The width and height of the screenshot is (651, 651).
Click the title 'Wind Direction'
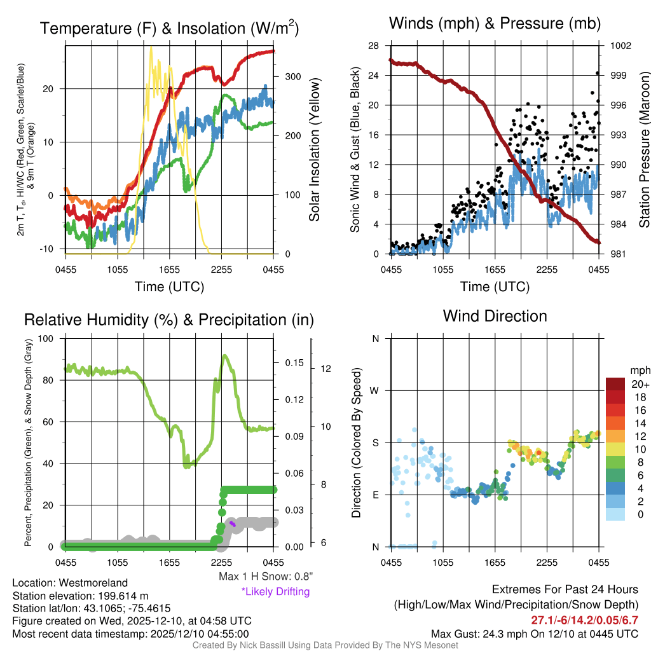tap(495, 316)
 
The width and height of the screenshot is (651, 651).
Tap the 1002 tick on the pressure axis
tap(620, 46)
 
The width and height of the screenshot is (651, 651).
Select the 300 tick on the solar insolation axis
tap(292, 76)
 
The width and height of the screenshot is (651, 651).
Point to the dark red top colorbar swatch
tap(615, 384)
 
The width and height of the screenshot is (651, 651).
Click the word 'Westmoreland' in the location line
tap(95, 583)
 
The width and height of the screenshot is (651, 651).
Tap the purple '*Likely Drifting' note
tap(275, 592)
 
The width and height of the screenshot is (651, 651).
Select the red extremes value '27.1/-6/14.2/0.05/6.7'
tap(584, 620)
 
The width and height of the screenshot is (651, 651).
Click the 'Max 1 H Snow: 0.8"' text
tap(265, 577)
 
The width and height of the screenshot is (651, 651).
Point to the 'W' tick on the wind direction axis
tap(375, 390)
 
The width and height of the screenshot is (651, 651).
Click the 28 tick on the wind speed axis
tap(373, 46)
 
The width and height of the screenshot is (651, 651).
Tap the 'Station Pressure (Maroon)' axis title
tap(643, 149)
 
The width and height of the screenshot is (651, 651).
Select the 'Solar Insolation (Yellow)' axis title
tap(314, 149)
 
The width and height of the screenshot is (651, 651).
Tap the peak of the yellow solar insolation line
tap(151, 47)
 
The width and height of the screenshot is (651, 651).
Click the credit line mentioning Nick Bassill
tap(325, 645)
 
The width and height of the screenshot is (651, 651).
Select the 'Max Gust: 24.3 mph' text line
tap(534, 634)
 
